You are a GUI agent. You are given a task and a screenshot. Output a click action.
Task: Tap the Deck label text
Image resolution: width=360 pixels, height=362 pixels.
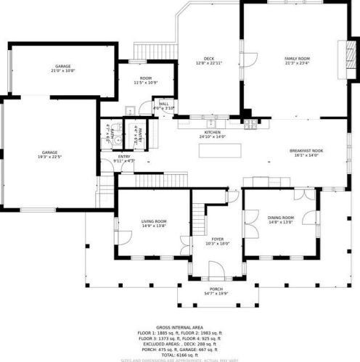click(209, 59)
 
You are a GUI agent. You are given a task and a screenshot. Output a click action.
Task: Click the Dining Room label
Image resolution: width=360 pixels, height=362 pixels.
click(280, 217)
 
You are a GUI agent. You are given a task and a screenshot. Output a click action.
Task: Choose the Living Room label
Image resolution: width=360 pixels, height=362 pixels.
click(154, 221)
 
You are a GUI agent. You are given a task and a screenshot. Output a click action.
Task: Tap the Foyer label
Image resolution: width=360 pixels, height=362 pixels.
click(218, 239)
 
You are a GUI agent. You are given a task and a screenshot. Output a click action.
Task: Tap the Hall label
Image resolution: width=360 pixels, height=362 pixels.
click(164, 104)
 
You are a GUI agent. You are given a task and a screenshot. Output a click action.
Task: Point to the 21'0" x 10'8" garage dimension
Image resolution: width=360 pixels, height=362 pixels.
click(63, 70)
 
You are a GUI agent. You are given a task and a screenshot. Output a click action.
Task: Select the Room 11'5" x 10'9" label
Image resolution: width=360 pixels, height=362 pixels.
click(146, 80)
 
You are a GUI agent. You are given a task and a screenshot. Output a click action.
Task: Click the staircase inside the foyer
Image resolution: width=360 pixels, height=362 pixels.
click(200, 214)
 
